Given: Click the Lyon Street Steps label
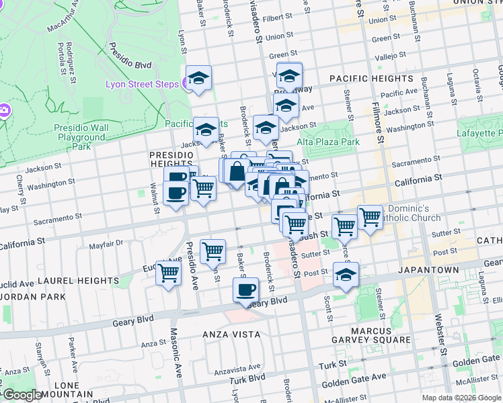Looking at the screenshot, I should pyautogui.click(x=142, y=84).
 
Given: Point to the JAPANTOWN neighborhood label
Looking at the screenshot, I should pyautogui.click(x=428, y=270).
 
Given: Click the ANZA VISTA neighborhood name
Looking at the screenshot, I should pyautogui.click(x=230, y=333).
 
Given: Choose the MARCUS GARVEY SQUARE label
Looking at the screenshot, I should pyautogui.click(x=371, y=335).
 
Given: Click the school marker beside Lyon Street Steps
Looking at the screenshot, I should pyautogui.click(x=198, y=79).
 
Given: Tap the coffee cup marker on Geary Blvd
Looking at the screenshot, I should pyautogui.click(x=245, y=289).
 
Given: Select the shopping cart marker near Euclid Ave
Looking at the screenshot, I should pyautogui.click(x=169, y=272).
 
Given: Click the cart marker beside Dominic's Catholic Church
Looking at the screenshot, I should pyautogui.click(x=370, y=217).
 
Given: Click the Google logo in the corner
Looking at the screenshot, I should pyautogui.click(x=22, y=394).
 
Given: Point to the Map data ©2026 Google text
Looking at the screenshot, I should pyautogui.click(x=462, y=398).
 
